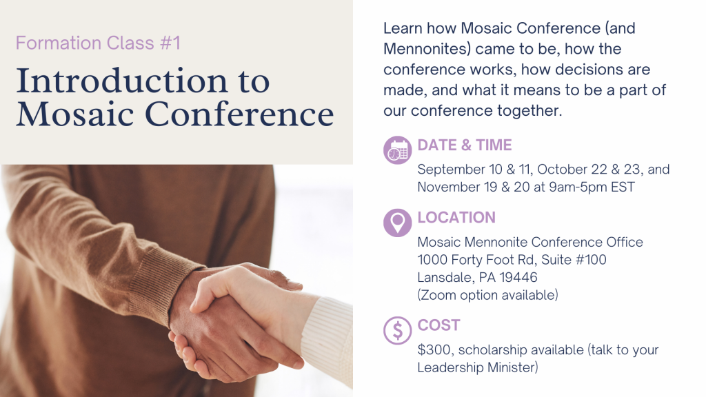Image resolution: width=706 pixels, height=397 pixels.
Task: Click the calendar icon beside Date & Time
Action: pyautogui.click(x=398, y=150)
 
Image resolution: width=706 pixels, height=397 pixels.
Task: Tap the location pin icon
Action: pyautogui.click(x=398, y=223)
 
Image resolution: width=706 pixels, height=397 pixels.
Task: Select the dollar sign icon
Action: pyautogui.click(x=398, y=330)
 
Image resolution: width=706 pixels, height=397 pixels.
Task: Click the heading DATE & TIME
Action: pyautogui.click(x=465, y=145)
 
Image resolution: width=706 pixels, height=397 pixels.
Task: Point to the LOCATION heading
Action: pyautogui.click(x=456, y=217)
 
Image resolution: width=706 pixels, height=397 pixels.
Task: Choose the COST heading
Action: pyautogui.click(x=439, y=325)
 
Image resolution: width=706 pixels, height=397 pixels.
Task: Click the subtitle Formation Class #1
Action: pyautogui.click(x=98, y=43)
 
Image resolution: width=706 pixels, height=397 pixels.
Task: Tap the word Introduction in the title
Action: pyautogui.click(x=121, y=81)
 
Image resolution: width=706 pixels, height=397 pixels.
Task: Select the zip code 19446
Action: pyautogui.click(x=518, y=277)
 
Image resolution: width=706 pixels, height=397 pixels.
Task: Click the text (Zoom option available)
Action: pyautogui.click(x=487, y=295)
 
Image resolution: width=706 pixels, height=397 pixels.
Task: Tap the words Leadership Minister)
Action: pyautogui.click(x=478, y=367)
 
